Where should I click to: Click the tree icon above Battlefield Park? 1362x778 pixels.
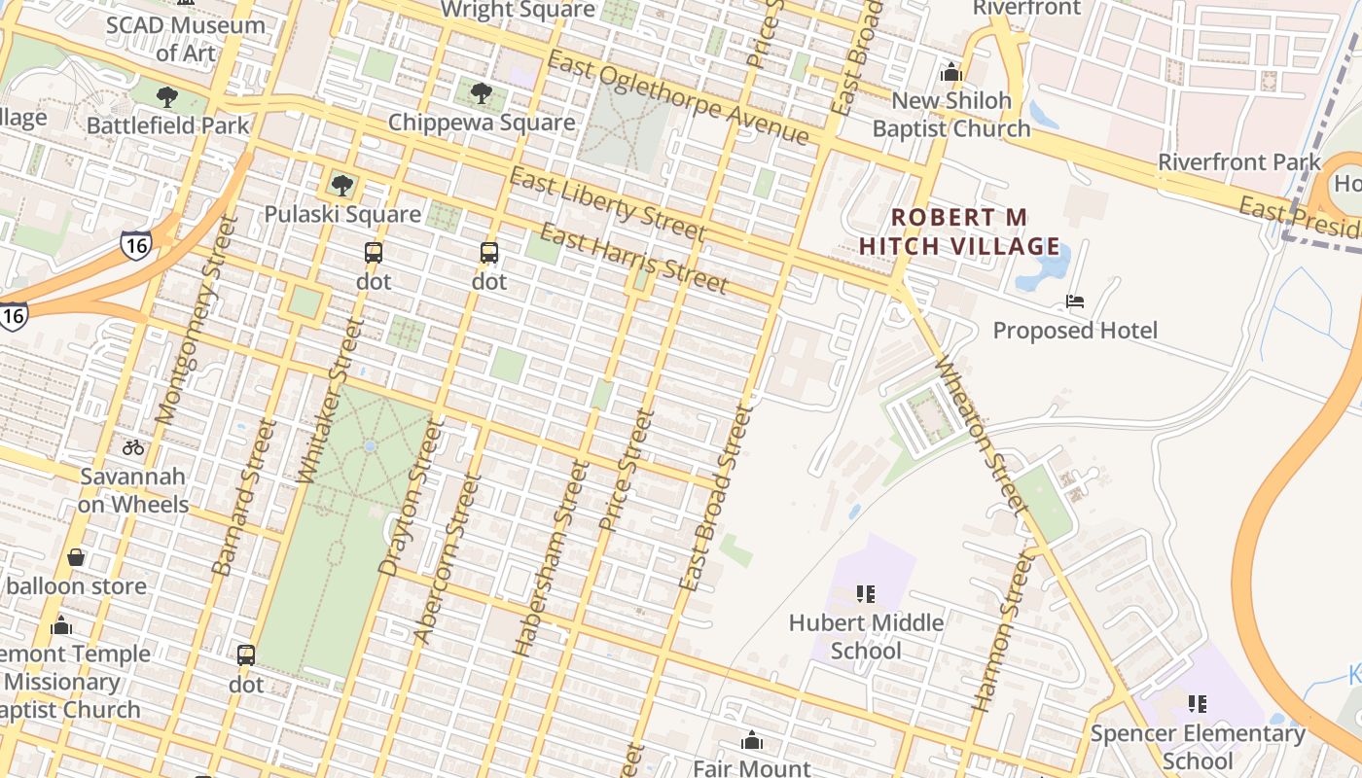click(167, 96)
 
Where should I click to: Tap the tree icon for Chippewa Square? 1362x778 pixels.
click(481, 93)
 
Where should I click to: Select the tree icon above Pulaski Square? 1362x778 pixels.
click(341, 185)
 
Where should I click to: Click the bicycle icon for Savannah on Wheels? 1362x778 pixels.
click(133, 447)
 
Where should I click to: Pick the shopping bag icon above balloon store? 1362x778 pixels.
click(76, 557)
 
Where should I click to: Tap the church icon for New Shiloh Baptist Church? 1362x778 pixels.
click(950, 72)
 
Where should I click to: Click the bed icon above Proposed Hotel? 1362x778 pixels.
click(1075, 301)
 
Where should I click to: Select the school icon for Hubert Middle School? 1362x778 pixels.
click(866, 593)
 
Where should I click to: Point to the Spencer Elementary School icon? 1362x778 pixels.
click(1198, 703)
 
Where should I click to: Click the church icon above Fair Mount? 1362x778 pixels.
click(751, 741)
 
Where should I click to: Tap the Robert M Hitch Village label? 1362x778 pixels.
click(959, 231)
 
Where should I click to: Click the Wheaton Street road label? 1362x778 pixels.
click(981, 435)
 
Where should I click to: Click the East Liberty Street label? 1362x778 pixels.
click(607, 204)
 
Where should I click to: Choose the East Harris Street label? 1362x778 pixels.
click(633, 258)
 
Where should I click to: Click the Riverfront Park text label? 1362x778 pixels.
click(1238, 162)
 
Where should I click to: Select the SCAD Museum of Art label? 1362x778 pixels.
click(185, 39)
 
